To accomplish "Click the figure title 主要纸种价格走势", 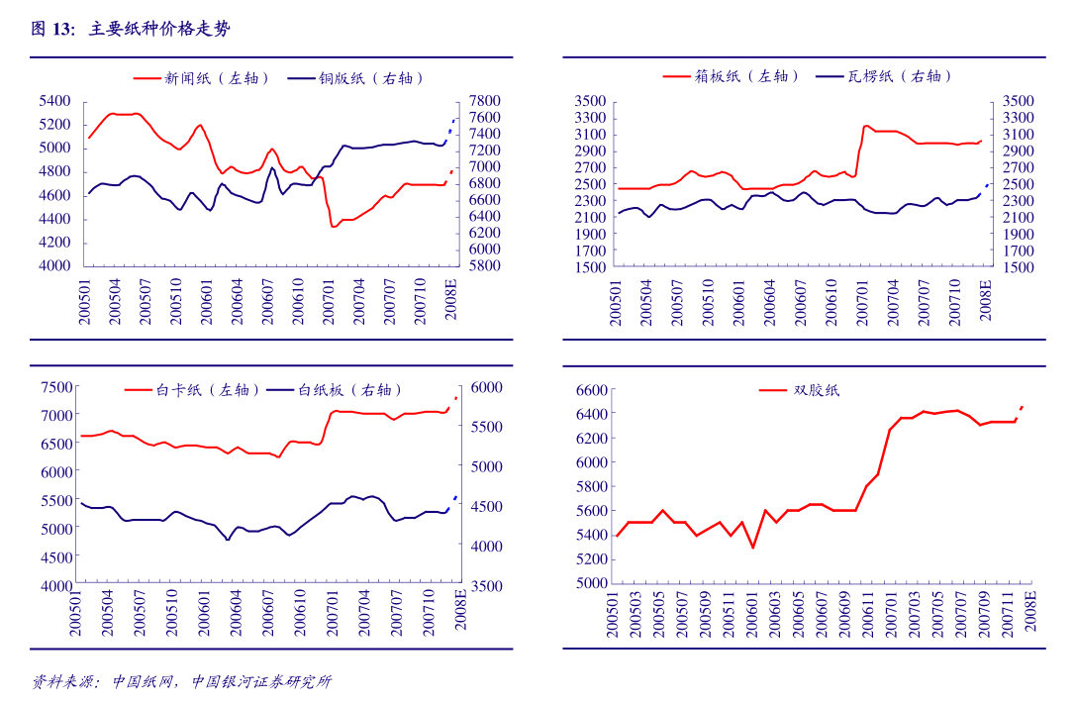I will (159, 30).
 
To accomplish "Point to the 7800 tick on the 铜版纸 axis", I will (485, 101).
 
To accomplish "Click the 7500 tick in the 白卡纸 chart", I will (55, 387).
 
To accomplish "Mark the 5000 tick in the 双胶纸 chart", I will (588, 583).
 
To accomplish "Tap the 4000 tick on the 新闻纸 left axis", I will (55, 266).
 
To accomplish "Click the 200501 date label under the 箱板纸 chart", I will (617, 304).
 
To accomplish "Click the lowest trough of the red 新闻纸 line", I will (334, 227).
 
